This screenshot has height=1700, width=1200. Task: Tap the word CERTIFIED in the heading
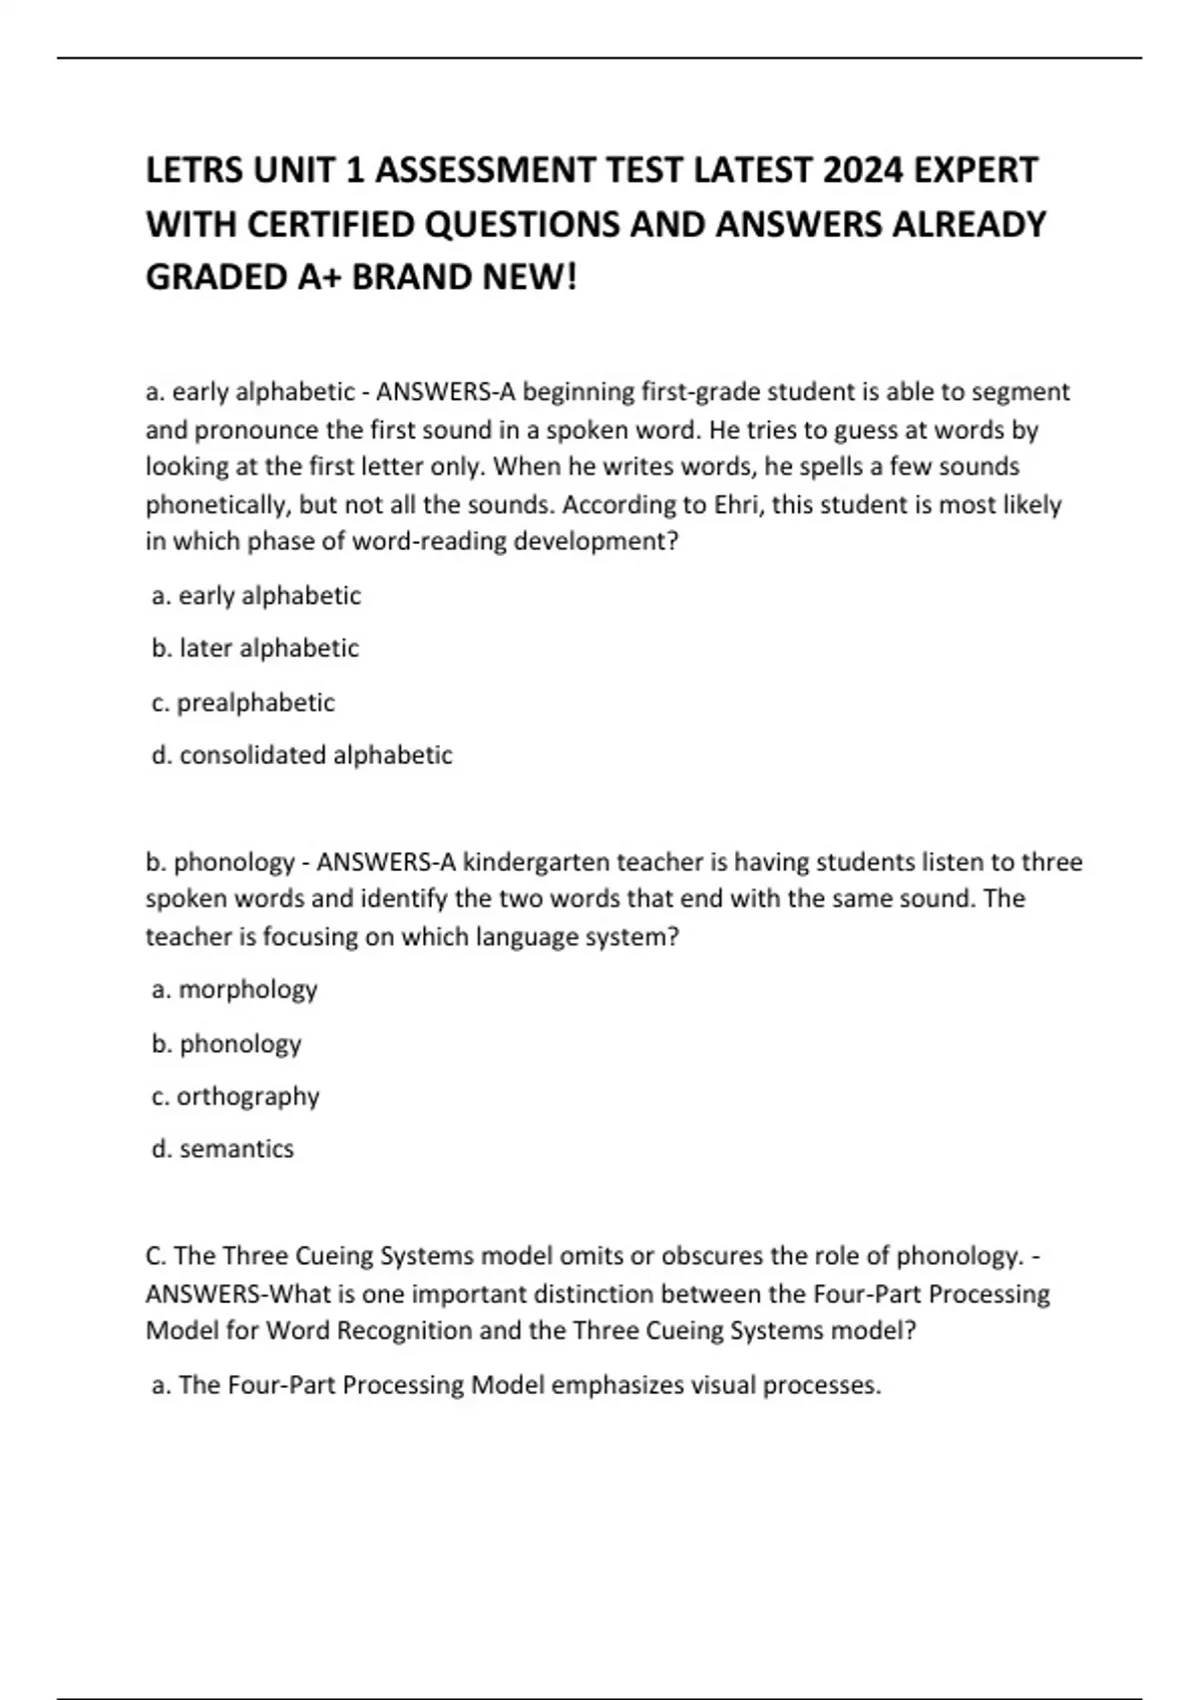click(332, 224)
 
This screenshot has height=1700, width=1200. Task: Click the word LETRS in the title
click(194, 171)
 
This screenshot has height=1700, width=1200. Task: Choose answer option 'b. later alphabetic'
click(255, 648)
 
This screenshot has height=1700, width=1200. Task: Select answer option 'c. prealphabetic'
click(243, 702)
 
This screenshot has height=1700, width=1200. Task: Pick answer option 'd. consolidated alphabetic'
click(302, 755)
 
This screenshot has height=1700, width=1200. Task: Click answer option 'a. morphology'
click(234, 989)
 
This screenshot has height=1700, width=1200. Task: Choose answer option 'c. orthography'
click(235, 1096)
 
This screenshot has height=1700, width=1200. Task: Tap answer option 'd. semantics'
click(222, 1149)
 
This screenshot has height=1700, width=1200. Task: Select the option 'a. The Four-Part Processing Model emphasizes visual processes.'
click(516, 1385)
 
